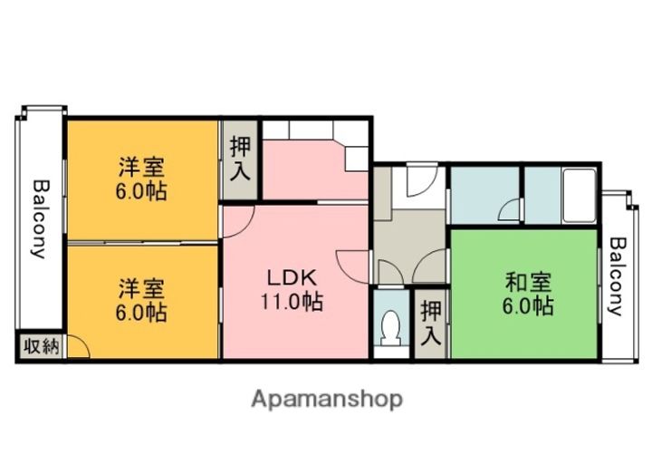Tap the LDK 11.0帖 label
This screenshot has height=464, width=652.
[x=291, y=289]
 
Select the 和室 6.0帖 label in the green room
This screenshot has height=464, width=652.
[x=528, y=294]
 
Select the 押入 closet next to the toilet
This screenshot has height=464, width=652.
[x=431, y=323]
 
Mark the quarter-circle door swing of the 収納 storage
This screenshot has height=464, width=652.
[x=76, y=346]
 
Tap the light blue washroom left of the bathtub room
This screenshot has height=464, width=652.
[x=484, y=194]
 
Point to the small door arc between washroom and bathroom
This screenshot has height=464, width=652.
[x=507, y=212]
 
